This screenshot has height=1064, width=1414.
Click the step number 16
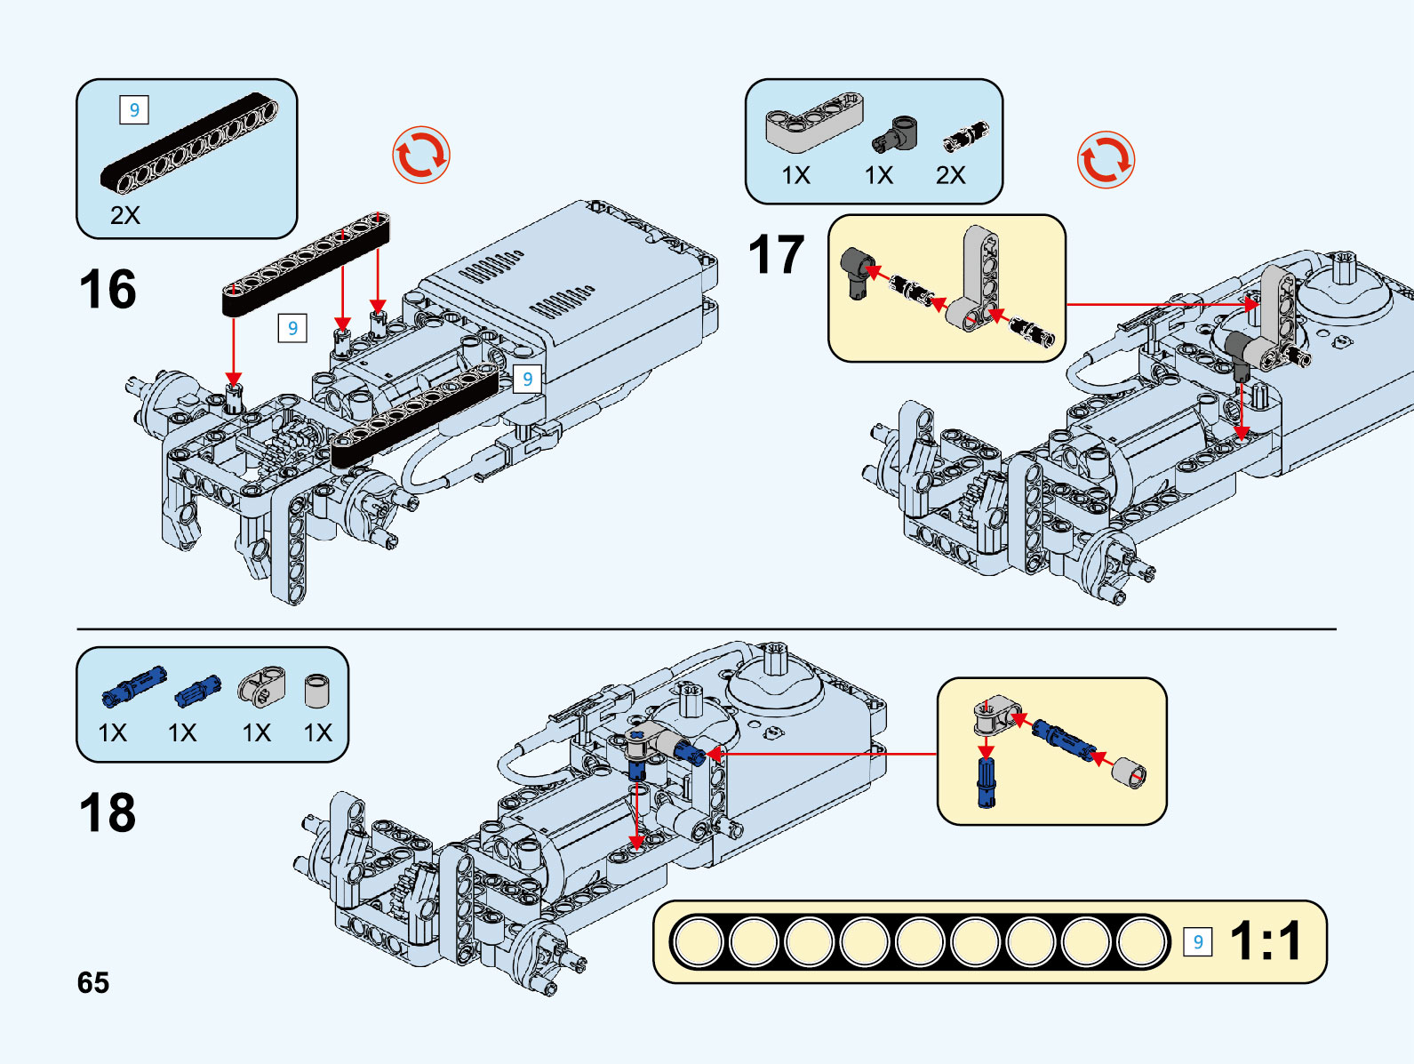pos(108,290)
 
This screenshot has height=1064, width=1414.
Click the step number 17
pos(776,255)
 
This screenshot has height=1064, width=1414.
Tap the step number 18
pos(108,813)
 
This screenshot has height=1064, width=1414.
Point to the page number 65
pos(93,983)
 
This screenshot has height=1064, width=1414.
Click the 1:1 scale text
pos(1266,941)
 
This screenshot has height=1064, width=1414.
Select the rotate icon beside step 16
pos(421,156)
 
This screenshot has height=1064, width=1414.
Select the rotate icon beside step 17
pos(1106,160)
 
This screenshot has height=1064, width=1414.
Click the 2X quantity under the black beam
pos(125,215)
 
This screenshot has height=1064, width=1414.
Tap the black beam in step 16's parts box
pos(188,143)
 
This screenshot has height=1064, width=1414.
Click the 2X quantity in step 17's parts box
pos(950,175)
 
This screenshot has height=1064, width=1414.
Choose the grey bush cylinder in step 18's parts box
pos(317,691)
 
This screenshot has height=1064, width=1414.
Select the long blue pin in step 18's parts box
pos(133,686)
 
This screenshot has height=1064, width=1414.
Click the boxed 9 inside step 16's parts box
pos(134,110)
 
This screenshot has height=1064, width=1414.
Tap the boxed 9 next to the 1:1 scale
pos(1198,941)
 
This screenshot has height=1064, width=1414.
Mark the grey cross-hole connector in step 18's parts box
pos(261,686)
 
